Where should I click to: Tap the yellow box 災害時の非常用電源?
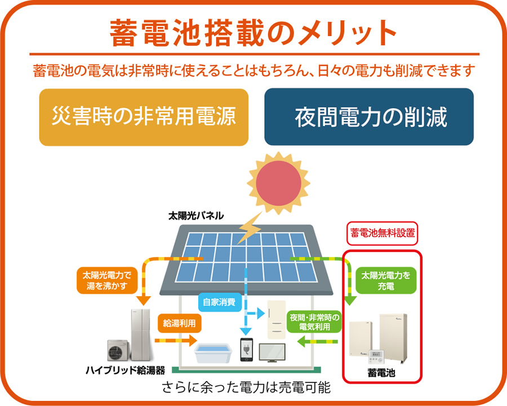tap(144, 117)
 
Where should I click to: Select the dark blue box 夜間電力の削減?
tap(369, 117)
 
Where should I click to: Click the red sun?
tap(278, 183)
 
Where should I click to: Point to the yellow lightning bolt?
tap(250, 228)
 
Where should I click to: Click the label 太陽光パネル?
tap(196, 216)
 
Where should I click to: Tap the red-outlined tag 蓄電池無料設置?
tap(382, 233)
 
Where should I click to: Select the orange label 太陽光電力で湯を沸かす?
tap(107, 280)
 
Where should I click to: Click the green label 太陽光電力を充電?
tap(386, 280)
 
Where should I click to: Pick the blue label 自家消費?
tap(220, 302)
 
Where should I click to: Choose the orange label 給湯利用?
tap(179, 323)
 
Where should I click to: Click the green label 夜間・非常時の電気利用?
tap(314, 322)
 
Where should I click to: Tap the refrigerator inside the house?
tap(277, 319)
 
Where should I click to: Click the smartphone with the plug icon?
tap(246, 350)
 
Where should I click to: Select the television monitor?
tap(272, 353)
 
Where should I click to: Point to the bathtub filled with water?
tap(213, 353)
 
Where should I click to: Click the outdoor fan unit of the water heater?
tap(118, 350)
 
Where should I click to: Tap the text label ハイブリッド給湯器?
tap(126, 370)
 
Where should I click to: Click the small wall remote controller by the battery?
tap(377, 358)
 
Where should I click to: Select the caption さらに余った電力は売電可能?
tap(246, 387)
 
